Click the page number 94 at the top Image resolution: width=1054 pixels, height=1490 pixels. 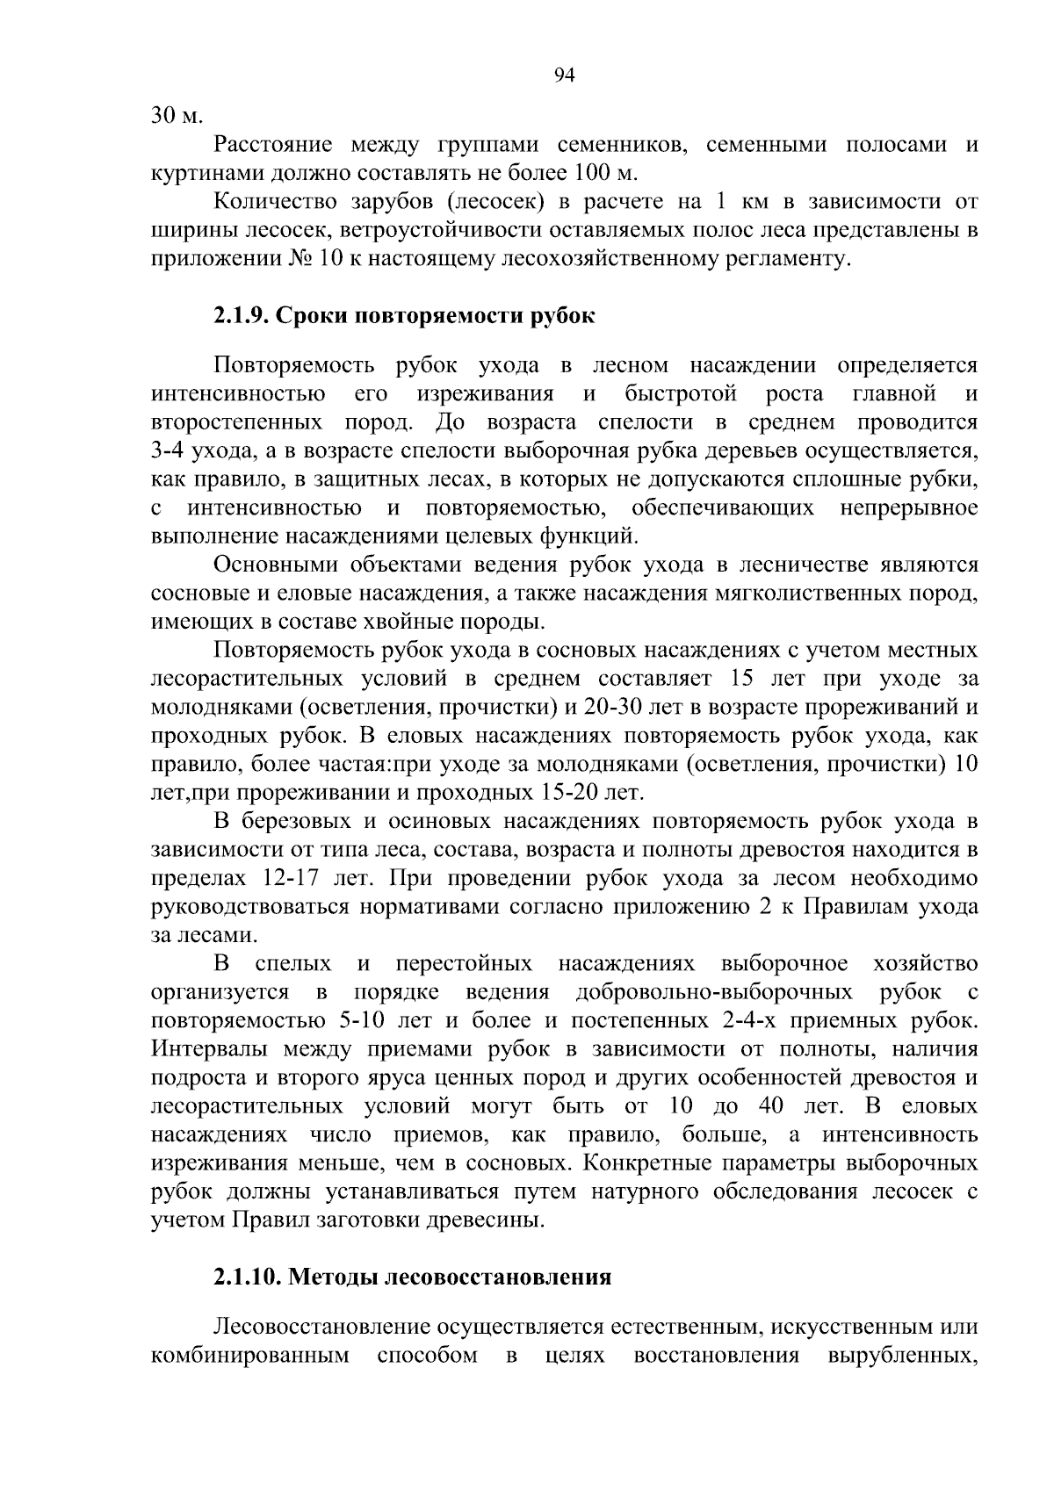(565, 76)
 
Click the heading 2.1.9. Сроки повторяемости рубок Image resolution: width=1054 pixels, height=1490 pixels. (404, 315)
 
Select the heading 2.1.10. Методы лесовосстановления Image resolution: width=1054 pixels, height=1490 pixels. (412, 1277)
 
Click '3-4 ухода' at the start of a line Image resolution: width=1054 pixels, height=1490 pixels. (196, 451)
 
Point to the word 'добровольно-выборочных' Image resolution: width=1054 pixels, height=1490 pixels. (714, 992)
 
